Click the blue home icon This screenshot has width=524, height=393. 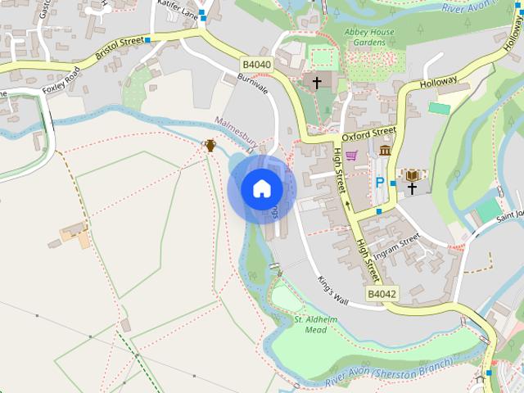point(262,188)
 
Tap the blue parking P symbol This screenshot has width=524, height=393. point(379,183)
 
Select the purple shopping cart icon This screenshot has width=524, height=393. point(351,156)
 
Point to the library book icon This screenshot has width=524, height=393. point(412,175)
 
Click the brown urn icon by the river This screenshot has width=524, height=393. point(210,146)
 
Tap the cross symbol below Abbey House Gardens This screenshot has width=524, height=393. point(317,82)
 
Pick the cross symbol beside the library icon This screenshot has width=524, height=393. point(412,188)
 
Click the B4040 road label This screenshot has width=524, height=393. point(255,63)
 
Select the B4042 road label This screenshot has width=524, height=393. point(382,294)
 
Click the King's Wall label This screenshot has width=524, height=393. point(333,291)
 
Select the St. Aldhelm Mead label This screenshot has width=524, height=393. point(310,324)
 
